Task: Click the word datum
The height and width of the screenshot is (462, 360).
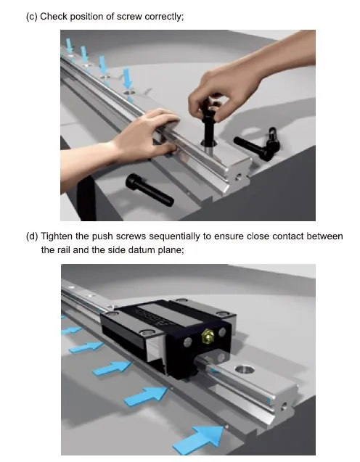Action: click(142, 250)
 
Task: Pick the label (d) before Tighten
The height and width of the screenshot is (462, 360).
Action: click(32, 236)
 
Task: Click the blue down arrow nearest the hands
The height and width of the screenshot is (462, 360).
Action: click(127, 78)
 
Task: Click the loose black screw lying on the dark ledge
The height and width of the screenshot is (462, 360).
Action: click(150, 190)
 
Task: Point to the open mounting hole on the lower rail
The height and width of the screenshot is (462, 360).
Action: click(245, 369)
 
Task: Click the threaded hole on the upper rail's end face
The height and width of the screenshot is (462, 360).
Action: click(238, 178)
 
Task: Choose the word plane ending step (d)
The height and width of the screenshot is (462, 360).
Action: click(171, 250)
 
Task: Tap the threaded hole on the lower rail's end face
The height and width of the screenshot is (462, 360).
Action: click(283, 407)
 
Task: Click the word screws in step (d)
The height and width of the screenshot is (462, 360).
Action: click(131, 237)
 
